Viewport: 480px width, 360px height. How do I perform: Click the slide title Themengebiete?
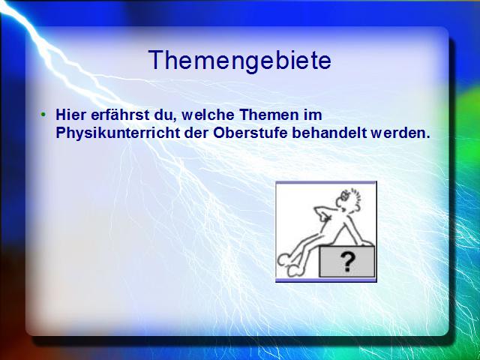240,61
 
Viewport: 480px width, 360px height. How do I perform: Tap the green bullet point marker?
43,115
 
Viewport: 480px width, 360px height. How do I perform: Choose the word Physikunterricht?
118,133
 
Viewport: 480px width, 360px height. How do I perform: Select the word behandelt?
329,133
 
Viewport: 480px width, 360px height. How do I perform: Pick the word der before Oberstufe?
196,133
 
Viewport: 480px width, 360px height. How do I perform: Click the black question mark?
347,262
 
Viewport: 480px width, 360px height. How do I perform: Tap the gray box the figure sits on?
346,262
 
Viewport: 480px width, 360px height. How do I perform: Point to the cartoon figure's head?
347,201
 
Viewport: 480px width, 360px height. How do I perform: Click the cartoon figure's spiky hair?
355,196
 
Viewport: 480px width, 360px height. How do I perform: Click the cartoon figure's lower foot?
296,270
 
